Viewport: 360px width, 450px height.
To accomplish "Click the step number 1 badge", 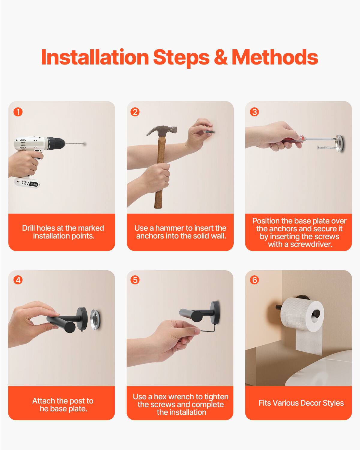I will click(18, 112).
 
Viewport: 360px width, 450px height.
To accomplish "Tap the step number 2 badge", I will click(135, 112).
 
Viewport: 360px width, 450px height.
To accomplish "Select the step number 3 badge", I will click(254, 112).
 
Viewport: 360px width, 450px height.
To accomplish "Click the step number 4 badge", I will click(18, 280).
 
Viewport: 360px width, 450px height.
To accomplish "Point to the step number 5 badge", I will click(135, 280).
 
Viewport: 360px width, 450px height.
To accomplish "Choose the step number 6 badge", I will click(254, 280).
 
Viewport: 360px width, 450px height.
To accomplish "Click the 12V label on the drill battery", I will click(25, 183).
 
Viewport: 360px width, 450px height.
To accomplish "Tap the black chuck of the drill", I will click(55, 144).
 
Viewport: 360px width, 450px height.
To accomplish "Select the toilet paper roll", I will click(301, 313).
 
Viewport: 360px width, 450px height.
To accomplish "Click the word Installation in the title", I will click(95, 57).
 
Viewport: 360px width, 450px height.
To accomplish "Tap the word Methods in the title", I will click(275, 57).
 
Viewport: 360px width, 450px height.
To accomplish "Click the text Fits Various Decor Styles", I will click(301, 403).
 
